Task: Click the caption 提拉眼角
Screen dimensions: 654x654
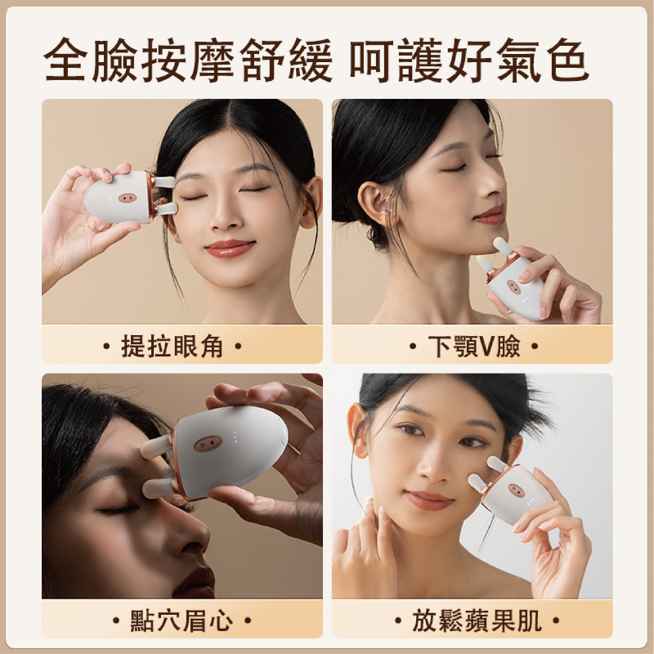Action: [172, 346]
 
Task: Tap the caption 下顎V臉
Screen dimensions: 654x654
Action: [474, 346]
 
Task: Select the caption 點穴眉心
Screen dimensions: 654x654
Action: [181, 620]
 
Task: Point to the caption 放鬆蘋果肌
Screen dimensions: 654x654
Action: [477, 620]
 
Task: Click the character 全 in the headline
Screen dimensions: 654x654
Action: [66, 59]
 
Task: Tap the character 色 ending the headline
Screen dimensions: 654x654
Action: [567, 59]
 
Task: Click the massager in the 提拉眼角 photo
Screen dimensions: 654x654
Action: [131, 197]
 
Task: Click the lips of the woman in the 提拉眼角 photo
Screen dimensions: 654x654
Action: [230, 249]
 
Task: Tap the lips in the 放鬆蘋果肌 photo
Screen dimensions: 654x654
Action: [428, 500]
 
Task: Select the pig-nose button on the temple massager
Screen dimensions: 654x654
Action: [128, 197]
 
